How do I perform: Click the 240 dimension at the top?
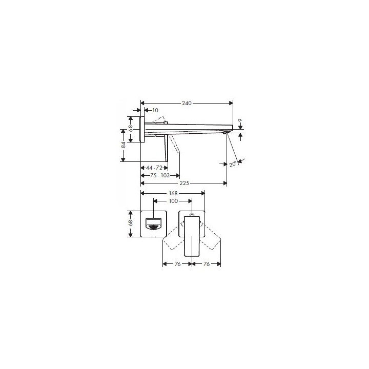(x=187, y=103)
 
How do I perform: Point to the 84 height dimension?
(x=124, y=145)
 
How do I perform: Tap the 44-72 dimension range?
(x=154, y=168)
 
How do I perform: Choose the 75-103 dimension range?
(x=157, y=175)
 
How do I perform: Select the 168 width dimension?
(x=173, y=193)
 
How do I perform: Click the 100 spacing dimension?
(x=173, y=201)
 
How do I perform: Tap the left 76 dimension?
(x=177, y=264)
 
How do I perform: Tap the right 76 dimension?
(x=206, y=264)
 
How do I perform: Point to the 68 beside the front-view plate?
(x=131, y=223)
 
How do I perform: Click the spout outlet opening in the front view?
(x=154, y=225)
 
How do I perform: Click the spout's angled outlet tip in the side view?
(x=225, y=133)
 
